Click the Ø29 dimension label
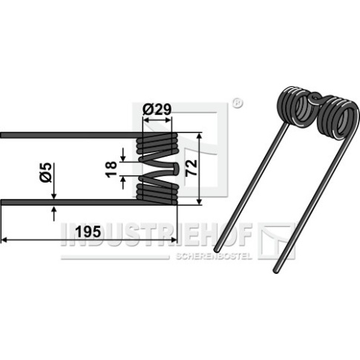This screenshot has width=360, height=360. click(157, 109)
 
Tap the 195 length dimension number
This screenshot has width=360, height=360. click(88, 232)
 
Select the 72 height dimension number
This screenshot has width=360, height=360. click(192, 168)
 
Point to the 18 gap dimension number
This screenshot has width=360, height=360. click(111, 169)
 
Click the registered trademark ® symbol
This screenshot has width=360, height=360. click(238, 104)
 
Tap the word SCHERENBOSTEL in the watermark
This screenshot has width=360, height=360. click(214, 256)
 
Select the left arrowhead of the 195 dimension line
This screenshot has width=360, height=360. click(4, 240)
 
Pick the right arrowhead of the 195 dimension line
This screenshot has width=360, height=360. click(174, 240)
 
